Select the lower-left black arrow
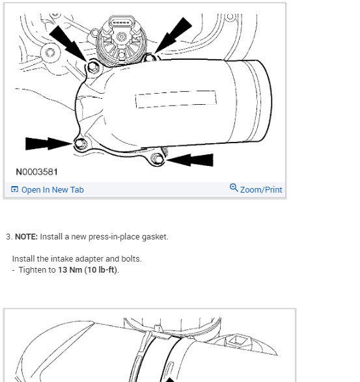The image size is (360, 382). (48, 143)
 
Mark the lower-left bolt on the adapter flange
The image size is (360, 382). (80, 144)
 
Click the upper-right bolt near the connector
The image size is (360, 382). (152, 58)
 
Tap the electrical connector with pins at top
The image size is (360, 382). (122, 23)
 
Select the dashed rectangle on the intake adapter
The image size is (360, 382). (176, 99)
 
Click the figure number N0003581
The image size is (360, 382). (36, 172)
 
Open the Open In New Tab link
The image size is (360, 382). (52, 190)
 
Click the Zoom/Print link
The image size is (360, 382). (261, 190)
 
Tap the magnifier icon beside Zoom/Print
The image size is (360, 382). (234, 189)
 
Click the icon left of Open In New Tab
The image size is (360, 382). (15, 190)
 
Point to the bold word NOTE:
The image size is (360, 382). (26, 237)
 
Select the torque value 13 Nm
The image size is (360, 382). (70, 270)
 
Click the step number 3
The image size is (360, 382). (8, 237)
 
